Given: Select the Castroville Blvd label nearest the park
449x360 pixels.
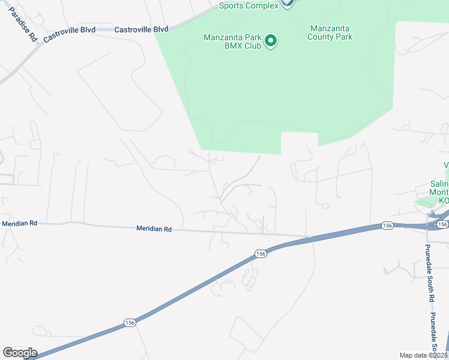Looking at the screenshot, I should click(x=141, y=29).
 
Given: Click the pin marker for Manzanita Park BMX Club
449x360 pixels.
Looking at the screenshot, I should click(x=271, y=41).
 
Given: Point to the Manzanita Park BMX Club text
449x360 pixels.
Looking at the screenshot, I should click(x=232, y=41).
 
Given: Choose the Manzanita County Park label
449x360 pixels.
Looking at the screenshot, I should click(x=330, y=32).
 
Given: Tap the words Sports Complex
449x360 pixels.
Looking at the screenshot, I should click(x=249, y=5).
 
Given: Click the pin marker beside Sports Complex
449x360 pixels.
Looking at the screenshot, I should click(x=288, y=3).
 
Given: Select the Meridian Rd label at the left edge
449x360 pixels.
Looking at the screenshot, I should click(x=20, y=223).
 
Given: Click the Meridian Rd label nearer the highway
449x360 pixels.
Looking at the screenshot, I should click(x=154, y=229).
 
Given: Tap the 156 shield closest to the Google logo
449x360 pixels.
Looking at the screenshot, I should click(x=130, y=323).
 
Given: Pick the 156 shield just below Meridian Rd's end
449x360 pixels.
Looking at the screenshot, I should click(x=260, y=254).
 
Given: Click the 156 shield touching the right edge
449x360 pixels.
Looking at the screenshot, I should click(x=442, y=224).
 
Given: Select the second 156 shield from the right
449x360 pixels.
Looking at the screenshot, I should click(x=388, y=226).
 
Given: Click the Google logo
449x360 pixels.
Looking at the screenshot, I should click(x=20, y=353).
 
